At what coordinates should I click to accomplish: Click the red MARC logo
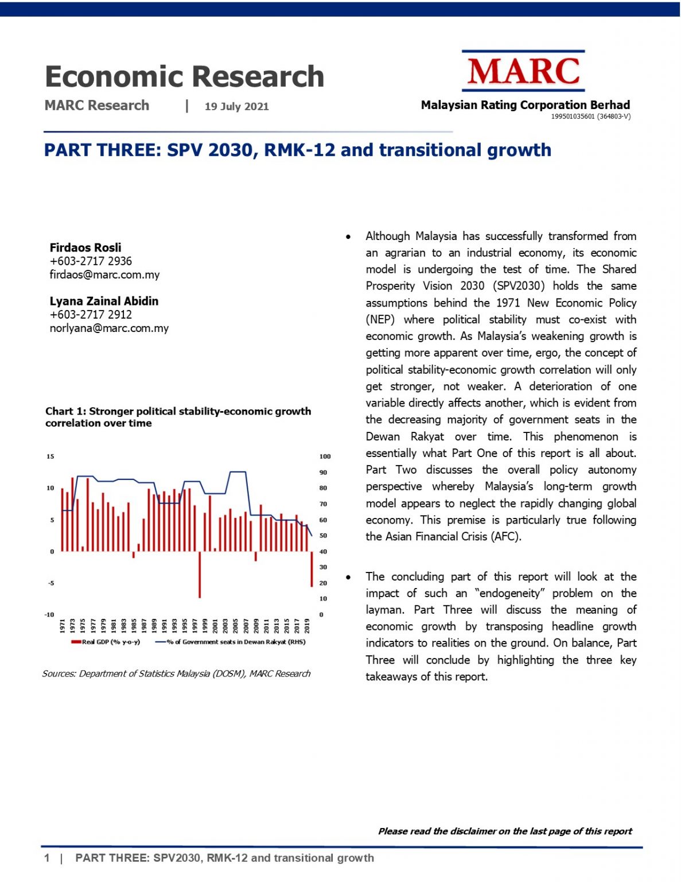523,71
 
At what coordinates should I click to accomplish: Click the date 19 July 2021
236,106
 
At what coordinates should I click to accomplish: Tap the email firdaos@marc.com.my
104,274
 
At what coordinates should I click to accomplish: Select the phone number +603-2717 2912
91,315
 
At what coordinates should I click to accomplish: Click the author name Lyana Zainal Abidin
104,301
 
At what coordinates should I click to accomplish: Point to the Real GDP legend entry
106,642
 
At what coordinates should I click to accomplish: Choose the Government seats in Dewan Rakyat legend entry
231,642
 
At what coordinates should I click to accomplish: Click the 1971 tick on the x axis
63,625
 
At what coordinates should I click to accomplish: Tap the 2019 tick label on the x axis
307,625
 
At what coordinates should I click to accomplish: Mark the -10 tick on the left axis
49,614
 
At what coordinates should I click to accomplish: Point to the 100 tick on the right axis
325,457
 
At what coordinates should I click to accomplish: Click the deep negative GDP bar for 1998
200,574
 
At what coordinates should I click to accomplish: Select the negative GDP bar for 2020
312,568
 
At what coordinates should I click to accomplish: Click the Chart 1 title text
178,417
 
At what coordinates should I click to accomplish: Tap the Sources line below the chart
176,674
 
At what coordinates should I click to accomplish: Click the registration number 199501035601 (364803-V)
590,117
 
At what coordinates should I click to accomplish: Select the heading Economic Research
184,76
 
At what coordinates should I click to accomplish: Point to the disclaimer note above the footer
505,831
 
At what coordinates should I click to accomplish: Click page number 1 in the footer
47,858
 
